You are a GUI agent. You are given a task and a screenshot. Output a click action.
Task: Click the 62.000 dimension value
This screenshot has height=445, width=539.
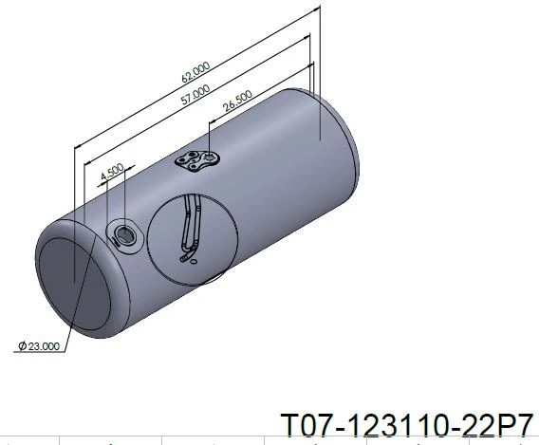click(195, 72)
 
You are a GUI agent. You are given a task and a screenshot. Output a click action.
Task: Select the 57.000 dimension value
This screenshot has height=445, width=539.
click(195, 94)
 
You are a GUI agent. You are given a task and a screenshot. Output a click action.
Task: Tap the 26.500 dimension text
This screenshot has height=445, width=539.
click(237, 101)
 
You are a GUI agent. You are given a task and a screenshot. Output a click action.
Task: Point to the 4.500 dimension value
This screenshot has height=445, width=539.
click(112, 171)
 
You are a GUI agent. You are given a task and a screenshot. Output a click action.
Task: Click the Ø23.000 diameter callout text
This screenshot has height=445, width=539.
click(39, 345)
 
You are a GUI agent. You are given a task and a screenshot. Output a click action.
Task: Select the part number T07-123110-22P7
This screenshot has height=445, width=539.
click(407, 425)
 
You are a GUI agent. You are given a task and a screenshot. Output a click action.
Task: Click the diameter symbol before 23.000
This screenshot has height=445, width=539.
click(23, 345)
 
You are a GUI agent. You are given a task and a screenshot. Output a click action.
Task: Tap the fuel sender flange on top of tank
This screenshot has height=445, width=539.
click(197, 160)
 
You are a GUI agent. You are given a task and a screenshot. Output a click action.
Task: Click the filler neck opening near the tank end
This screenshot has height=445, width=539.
click(123, 235)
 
